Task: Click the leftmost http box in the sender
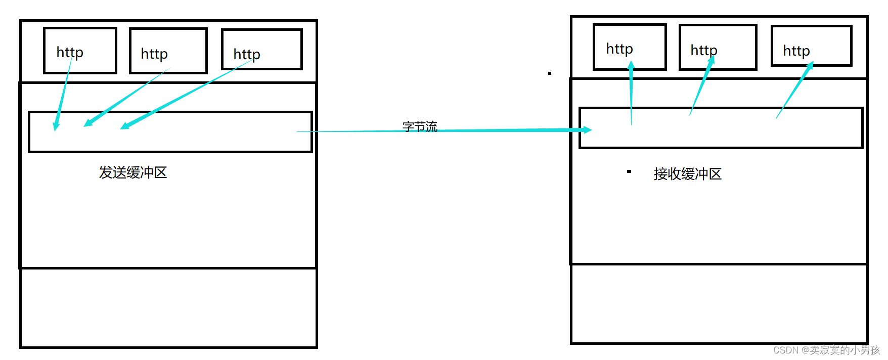pyautogui.click(x=80, y=51)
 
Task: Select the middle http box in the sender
pyautogui.click(x=168, y=51)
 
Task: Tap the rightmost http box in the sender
pyautogui.click(x=262, y=50)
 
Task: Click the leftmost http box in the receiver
pyautogui.click(x=630, y=47)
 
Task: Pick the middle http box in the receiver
pyautogui.click(x=718, y=47)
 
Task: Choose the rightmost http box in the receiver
pyautogui.click(x=812, y=46)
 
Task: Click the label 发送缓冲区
pyautogui.click(x=133, y=172)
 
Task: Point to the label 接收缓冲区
pyautogui.click(x=687, y=174)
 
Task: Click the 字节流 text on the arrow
pyautogui.click(x=420, y=126)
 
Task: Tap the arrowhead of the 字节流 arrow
pyautogui.click(x=587, y=130)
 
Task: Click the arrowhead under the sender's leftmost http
pyautogui.click(x=56, y=125)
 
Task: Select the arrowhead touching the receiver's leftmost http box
pyautogui.click(x=631, y=66)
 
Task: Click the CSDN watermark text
pyautogui.click(x=826, y=350)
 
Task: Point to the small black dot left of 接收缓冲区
pyautogui.click(x=629, y=171)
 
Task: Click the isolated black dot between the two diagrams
pyautogui.click(x=550, y=73)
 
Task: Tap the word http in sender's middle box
pyautogui.click(x=154, y=54)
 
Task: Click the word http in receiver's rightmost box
pyautogui.click(x=796, y=51)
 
